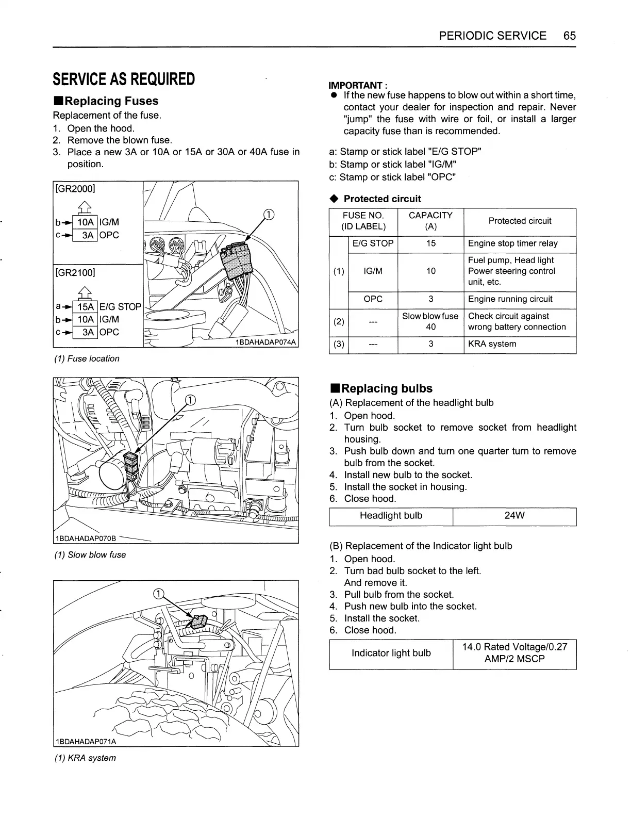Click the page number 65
[x=569, y=36]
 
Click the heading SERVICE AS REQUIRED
[x=124, y=79]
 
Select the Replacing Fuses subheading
[x=106, y=101]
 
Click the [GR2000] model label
[x=75, y=188]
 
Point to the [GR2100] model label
[x=75, y=272]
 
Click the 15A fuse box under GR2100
[x=85, y=307]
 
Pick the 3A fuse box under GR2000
[x=88, y=235]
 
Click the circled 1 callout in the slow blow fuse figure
[x=190, y=400]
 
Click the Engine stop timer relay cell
[x=512, y=243]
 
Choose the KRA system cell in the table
[x=492, y=344]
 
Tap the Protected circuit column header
[x=520, y=221]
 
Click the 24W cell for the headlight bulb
[x=514, y=516]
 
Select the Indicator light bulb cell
[x=391, y=653]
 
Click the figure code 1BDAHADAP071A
[x=86, y=742]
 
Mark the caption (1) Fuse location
[x=87, y=358]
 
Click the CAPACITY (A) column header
[x=430, y=221]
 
